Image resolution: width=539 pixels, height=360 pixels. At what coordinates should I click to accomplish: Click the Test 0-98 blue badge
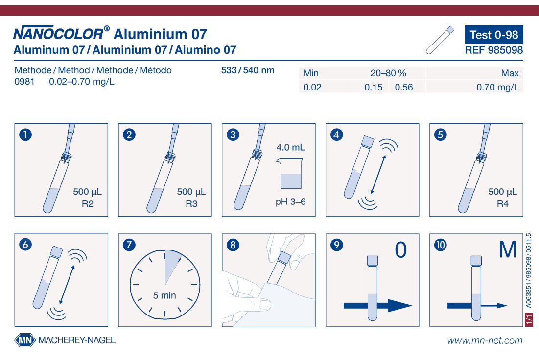(494, 34)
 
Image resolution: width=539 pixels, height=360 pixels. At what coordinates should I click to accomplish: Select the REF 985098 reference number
(493, 50)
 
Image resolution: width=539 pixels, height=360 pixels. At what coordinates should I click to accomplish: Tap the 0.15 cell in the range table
(374, 87)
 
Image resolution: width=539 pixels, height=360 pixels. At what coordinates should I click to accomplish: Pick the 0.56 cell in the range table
(403, 87)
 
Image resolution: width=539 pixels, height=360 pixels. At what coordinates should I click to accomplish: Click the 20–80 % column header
(388, 73)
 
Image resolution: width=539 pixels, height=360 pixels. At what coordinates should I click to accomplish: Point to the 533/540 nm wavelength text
(248, 70)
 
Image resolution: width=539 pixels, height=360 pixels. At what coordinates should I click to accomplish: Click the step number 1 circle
(25, 135)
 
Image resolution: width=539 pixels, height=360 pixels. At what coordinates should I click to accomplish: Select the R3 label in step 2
(191, 203)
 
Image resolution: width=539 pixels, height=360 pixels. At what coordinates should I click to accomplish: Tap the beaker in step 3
(289, 174)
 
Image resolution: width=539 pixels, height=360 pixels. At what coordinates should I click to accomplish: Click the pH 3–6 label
(290, 202)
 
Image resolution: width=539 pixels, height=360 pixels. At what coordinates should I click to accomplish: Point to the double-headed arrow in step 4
(378, 175)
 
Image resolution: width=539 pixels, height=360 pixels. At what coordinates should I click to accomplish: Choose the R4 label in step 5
(503, 203)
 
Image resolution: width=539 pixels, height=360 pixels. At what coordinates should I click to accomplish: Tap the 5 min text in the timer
(164, 295)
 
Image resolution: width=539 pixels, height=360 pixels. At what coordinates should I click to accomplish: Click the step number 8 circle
(233, 245)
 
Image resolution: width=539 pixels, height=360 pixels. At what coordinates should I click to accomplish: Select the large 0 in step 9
(401, 250)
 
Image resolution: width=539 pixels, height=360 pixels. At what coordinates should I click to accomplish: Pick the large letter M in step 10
(508, 250)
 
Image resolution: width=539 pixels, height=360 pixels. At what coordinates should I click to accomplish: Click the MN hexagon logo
(25, 340)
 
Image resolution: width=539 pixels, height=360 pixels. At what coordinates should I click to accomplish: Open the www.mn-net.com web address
(485, 340)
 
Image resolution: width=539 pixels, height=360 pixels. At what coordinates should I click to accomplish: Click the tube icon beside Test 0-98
(440, 40)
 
